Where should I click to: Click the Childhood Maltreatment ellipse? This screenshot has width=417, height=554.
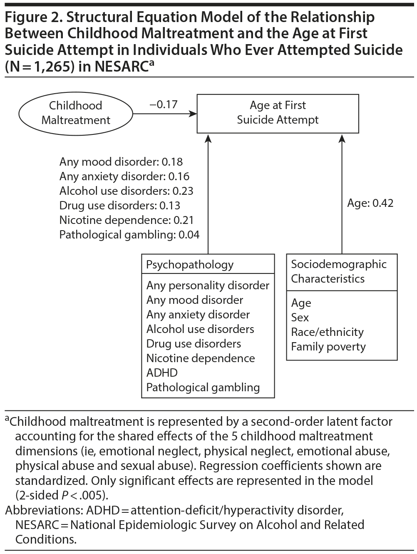[75, 113]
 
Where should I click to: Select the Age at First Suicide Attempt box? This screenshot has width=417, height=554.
[278, 113]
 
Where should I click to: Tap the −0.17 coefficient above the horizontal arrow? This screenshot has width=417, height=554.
[164, 104]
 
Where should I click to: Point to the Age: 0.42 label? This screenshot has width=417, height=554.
[370, 203]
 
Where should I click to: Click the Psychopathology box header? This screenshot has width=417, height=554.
[190, 265]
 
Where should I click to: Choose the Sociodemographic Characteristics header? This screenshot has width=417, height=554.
[339, 271]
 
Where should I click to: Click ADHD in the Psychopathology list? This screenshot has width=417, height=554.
[162, 373]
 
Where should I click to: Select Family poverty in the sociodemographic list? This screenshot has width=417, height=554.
[328, 347]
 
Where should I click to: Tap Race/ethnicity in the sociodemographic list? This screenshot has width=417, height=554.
[327, 332]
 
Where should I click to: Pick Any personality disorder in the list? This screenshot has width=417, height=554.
[208, 286]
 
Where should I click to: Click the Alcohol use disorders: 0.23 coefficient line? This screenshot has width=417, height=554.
[126, 191]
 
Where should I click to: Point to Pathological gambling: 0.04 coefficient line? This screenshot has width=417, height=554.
[129, 235]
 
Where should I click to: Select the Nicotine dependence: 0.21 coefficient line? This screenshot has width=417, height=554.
[126, 220]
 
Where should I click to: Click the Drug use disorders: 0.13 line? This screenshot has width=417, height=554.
[119, 206]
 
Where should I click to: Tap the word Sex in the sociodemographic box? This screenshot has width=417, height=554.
[300, 318]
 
